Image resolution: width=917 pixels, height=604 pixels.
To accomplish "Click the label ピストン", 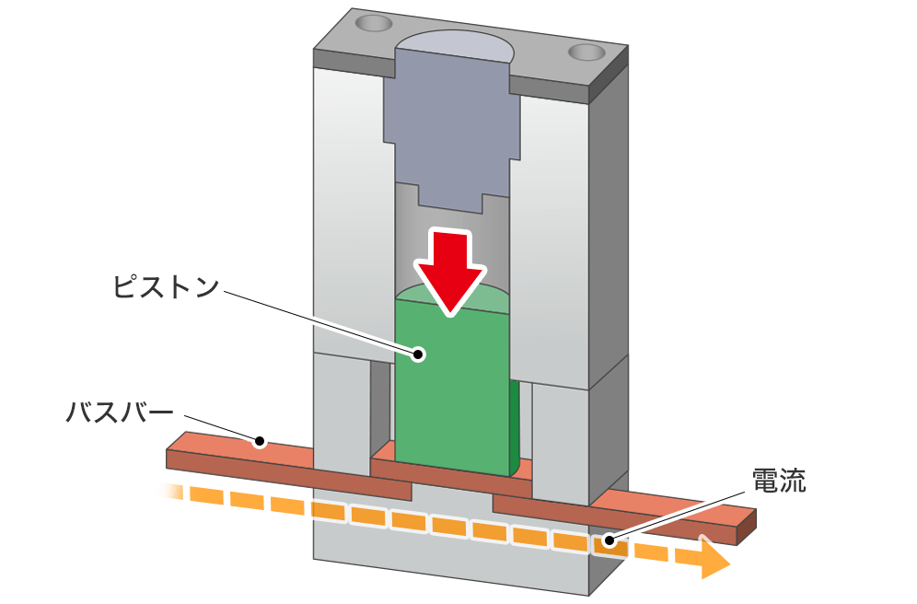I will tap(166, 286).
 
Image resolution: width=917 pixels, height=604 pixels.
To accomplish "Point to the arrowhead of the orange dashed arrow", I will tap(713, 559).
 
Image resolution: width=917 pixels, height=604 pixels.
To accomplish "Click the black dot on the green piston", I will tap(420, 353).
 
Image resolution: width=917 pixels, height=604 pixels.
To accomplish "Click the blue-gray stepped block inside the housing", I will tap(451, 120).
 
